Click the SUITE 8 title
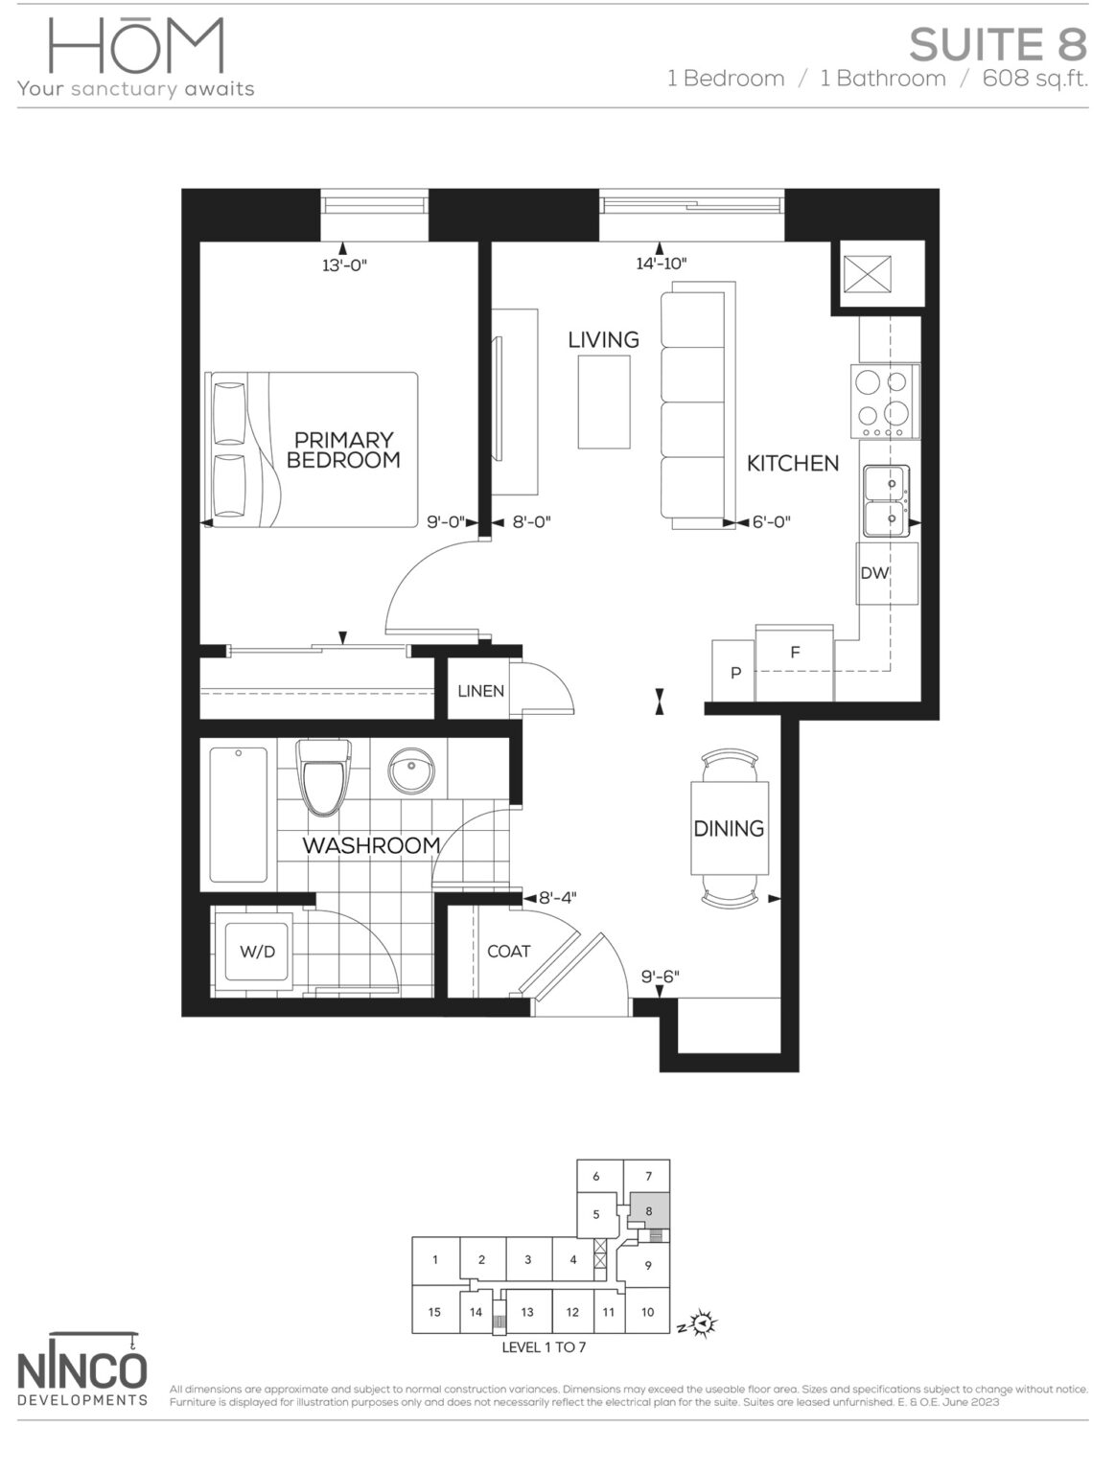coord(997,44)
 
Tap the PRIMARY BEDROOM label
coord(343,449)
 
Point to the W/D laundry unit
coord(257,951)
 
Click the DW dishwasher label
coord(874,573)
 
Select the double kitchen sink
coord(884,500)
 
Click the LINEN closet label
coord(480,691)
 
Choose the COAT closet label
coord(508,951)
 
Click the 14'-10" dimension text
coord(662,264)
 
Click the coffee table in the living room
coord(604,401)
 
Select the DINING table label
coord(729,828)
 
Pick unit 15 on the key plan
coord(434,1312)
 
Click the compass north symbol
coord(705,1324)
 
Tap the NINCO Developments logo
coord(82,1369)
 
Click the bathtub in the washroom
coord(239,814)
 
